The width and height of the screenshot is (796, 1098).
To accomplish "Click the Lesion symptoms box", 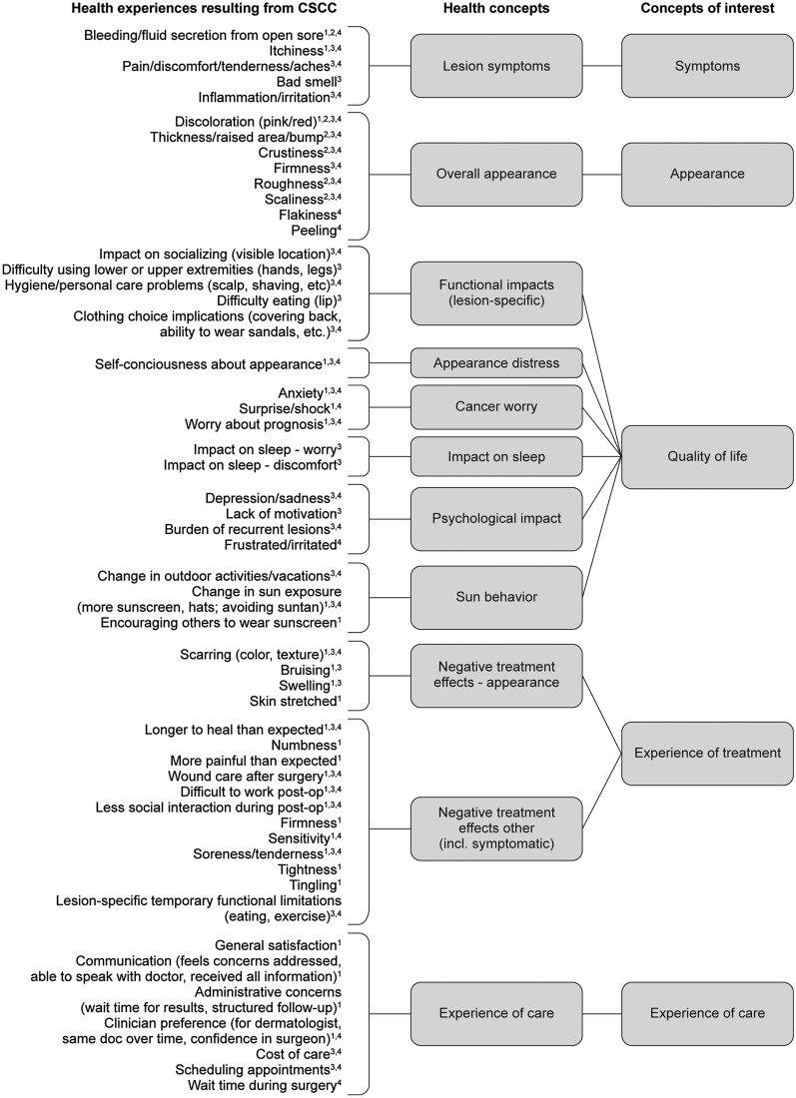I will pos(496,66).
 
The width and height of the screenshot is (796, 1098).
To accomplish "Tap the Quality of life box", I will pos(707,457).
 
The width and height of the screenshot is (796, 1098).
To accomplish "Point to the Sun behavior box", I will pos(496,597).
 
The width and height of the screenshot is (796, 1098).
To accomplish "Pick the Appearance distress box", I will pos(496,363).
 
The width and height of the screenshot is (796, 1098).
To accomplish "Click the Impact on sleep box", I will pos(496,457).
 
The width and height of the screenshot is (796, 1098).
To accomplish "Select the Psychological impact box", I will pos(496,519).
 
